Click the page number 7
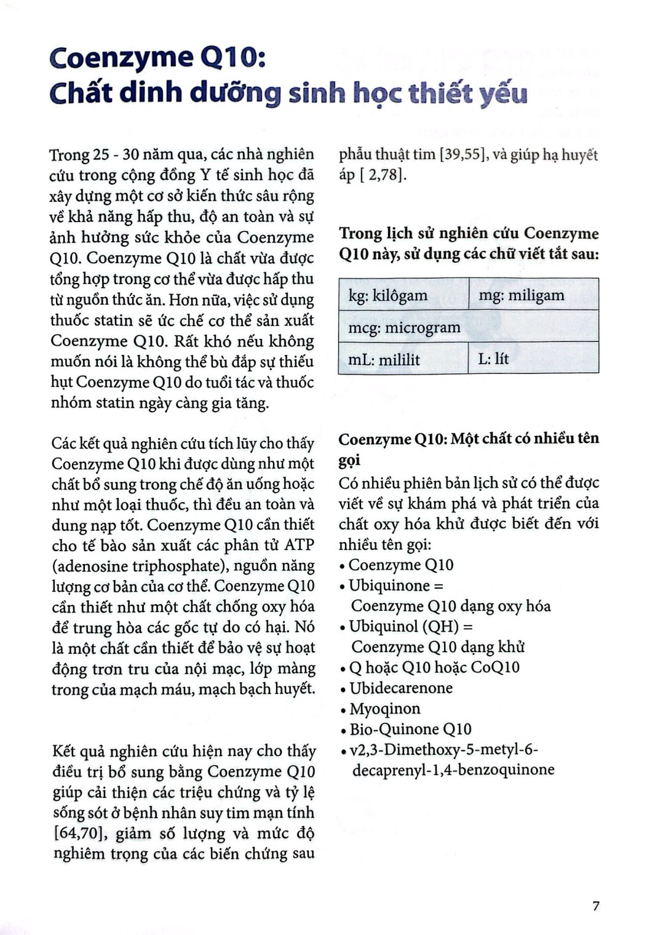[x=595, y=905]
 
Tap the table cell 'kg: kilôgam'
[x=388, y=295]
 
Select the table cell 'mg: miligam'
[x=521, y=295]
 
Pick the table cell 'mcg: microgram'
[x=404, y=327]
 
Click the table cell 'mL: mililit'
[x=384, y=359]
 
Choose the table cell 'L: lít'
[x=493, y=359]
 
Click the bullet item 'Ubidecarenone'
[x=400, y=688]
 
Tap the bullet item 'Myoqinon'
[x=385, y=709]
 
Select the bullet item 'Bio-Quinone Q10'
[x=410, y=729]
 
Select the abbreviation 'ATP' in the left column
[x=299, y=545]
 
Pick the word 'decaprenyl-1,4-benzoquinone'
[x=453, y=770]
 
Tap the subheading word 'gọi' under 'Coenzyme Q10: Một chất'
[x=349, y=461]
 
